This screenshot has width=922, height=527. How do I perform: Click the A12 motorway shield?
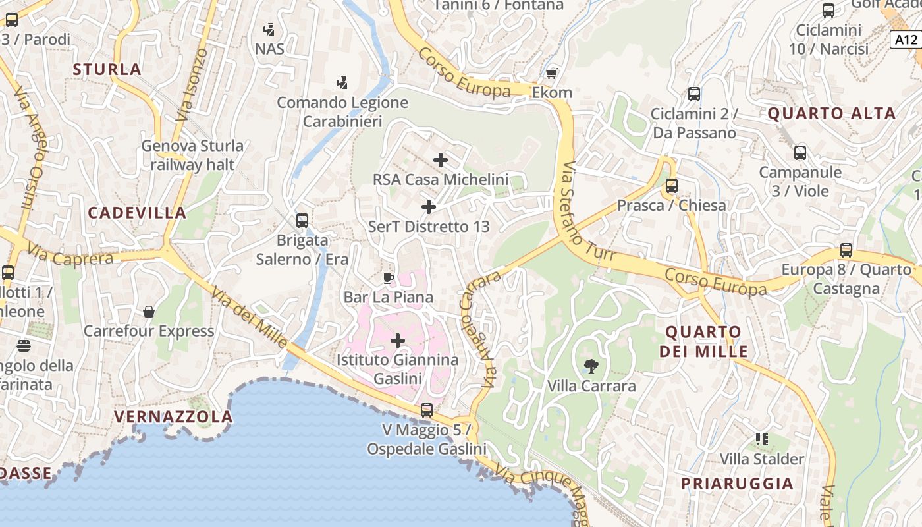coord(906,40)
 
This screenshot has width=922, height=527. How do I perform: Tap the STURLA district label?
coord(107,69)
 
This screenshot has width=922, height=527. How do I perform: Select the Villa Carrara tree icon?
coord(591,366)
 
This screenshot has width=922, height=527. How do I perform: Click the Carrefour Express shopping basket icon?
coord(149,311)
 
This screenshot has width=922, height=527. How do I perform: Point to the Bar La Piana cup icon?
coord(389,278)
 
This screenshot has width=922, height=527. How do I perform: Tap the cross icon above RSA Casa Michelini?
coord(441,159)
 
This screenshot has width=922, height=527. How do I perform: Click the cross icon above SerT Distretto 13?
coord(429,207)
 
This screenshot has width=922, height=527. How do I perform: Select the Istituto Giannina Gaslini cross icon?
coord(398,341)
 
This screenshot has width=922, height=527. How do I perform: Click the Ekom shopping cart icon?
coord(551,73)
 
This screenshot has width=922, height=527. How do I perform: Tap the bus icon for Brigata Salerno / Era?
coord(302,220)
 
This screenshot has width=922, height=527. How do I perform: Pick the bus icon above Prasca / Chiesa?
coord(672,186)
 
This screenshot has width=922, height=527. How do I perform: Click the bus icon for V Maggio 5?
coord(427,410)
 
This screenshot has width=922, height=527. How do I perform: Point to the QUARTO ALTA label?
coord(832,113)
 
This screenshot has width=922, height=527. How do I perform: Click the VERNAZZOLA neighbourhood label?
coord(173,416)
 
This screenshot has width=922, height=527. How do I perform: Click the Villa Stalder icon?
coord(762,439)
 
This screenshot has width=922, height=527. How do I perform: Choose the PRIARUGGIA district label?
coord(737,484)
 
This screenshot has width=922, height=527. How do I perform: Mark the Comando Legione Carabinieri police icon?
coord(342,83)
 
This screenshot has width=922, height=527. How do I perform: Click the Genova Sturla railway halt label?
coord(192,155)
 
